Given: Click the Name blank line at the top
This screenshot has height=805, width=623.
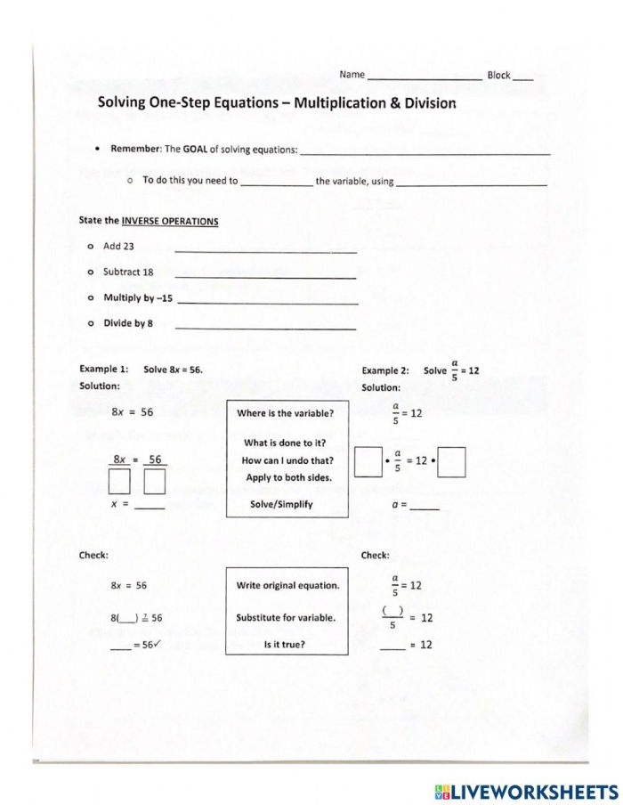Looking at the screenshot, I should (424, 78).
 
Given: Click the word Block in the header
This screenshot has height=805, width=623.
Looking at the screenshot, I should (498, 75).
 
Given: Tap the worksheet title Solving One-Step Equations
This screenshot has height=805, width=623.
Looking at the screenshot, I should (276, 102).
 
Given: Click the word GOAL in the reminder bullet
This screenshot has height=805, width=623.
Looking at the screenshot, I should (195, 149).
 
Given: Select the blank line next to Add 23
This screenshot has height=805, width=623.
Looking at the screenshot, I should (265, 251).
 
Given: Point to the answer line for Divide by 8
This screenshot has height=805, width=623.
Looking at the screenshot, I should (265, 329).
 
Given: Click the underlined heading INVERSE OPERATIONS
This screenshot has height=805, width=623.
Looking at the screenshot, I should (170, 221).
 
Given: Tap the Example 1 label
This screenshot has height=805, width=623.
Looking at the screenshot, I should (104, 369).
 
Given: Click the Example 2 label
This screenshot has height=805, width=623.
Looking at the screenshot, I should (385, 370).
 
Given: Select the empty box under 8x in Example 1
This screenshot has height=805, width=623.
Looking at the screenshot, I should (120, 482).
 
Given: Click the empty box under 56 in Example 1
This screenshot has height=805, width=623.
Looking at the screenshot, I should (155, 482).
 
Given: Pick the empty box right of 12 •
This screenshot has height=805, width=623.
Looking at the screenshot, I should (452, 463).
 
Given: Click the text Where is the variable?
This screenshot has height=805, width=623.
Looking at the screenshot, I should (286, 413).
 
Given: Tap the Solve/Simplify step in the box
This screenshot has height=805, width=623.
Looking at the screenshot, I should (282, 504).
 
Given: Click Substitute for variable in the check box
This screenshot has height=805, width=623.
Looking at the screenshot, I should (287, 617).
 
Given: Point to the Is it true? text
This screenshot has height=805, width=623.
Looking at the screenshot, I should (285, 644).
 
